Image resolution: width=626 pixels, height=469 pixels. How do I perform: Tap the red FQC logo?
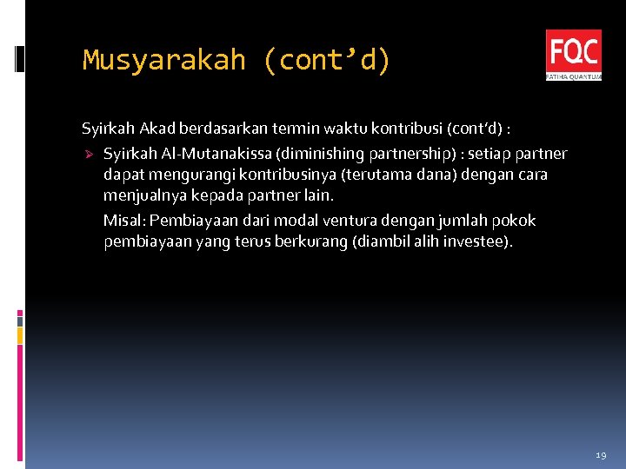[x=573, y=55]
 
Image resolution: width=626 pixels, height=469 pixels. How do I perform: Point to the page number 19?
[x=601, y=455]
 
